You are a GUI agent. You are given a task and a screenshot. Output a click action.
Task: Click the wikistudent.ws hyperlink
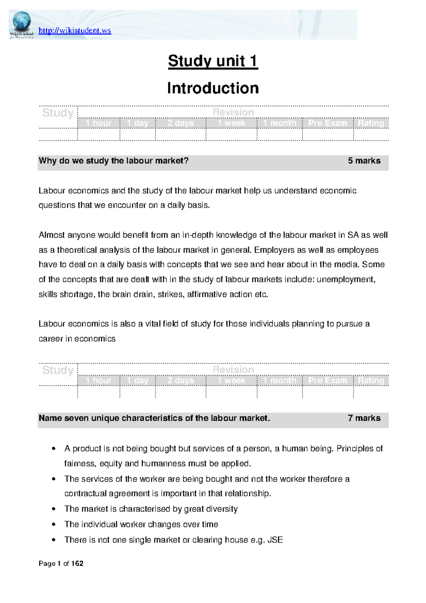[x=75, y=31]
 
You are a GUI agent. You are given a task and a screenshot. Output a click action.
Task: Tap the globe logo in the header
[x=22, y=21]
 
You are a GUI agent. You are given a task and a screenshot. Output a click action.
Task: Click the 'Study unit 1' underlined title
[x=213, y=61]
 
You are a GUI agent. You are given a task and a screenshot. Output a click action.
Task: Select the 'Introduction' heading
[x=213, y=88]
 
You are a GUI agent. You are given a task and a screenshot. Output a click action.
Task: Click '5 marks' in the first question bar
[x=364, y=161]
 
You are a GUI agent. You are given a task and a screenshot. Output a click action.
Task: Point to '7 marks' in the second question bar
[x=364, y=418]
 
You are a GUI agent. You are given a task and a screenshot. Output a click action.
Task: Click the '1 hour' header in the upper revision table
[x=98, y=123]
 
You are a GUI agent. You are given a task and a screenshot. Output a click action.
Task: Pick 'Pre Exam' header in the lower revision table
[x=327, y=381]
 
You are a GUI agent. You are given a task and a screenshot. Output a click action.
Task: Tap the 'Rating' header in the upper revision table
[x=371, y=123]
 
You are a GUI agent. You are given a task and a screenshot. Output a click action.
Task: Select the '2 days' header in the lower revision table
[x=180, y=381]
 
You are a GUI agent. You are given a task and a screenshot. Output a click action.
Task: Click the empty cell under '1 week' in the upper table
[x=231, y=135]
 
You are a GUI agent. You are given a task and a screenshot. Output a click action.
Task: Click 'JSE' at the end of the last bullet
[x=275, y=540]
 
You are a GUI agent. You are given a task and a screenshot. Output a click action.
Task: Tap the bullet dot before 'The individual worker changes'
[x=54, y=525]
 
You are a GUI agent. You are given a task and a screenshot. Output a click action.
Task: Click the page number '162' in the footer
[x=77, y=564]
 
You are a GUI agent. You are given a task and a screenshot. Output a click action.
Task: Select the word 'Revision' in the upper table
[x=233, y=112]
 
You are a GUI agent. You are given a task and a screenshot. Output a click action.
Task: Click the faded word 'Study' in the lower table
[x=58, y=370]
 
